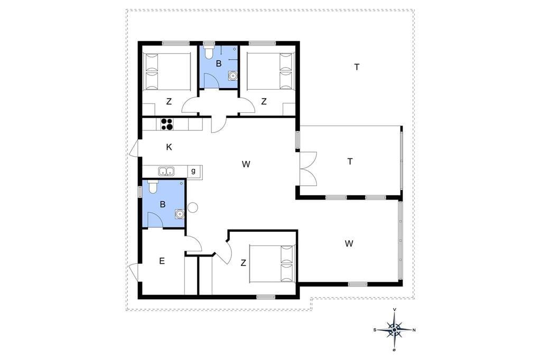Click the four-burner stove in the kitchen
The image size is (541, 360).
(167, 124)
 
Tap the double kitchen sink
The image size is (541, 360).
(166, 171)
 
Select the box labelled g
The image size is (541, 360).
(193, 171)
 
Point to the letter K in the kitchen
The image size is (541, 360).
(169, 147)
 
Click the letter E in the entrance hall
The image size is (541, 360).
(162, 261)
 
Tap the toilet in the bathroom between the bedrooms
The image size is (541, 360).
(209, 52)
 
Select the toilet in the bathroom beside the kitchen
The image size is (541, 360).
(153, 186)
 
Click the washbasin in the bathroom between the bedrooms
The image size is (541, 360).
(233, 75)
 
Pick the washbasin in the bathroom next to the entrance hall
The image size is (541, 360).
(180, 214)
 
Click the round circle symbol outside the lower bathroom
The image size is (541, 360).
(192, 207)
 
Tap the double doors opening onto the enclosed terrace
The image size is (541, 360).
(309, 168)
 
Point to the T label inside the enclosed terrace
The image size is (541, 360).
(350, 162)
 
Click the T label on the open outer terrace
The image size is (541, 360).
(357, 67)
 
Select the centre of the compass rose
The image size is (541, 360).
(394, 330)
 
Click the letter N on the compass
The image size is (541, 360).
(414, 330)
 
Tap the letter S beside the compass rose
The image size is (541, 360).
(375, 330)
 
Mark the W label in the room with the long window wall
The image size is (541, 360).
(349, 244)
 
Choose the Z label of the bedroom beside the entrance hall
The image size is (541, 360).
(243, 263)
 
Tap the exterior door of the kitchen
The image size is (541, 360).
(135, 149)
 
